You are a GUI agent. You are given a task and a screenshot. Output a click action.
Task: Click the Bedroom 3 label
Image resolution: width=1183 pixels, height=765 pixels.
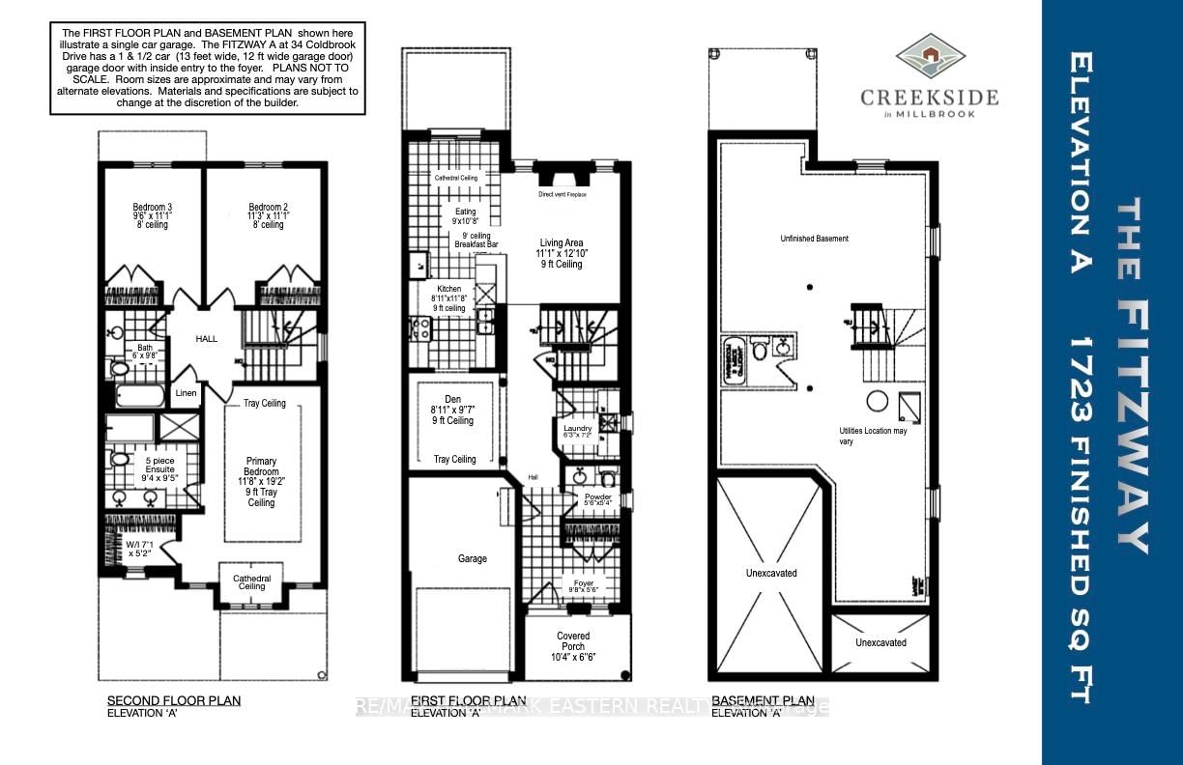pyautogui.click(x=152, y=207)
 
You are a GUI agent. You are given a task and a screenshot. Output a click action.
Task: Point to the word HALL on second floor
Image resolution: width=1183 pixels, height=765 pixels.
pyautogui.click(x=207, y=339)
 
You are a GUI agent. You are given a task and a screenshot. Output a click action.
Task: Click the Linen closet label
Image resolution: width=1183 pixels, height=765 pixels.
pyautogui.click(x=187, y=393)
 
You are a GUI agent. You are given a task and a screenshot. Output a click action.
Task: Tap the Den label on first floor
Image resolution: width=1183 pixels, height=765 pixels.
pyautogui.click(x=453, y=399)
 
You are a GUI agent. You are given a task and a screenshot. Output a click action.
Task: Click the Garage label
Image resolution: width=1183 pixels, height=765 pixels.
pyautogui.click(x=473, y=558)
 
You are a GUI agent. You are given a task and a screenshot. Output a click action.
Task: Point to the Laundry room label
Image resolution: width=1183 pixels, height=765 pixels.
pyautogui.click(x=578, y=428)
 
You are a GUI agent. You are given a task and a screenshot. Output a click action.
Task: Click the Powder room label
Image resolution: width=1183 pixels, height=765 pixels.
pyautogui.click(x=597, y=497)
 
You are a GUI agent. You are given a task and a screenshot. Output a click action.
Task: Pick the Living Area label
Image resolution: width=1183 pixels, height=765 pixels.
pyautogui.click(x=562, y=243)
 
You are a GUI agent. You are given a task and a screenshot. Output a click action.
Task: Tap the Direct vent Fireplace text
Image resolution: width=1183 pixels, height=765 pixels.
pyautogui.click(x=562, y=194)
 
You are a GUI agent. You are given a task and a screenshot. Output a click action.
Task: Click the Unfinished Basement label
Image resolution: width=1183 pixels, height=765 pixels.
pyautogui.click(x=815, y=239)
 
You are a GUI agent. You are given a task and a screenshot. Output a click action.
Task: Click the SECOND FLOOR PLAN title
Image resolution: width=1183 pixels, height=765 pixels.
pyautogui.click(x=173, y=700)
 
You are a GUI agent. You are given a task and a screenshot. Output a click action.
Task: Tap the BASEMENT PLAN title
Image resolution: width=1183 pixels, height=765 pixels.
pyautogui.click(x=763, y=700)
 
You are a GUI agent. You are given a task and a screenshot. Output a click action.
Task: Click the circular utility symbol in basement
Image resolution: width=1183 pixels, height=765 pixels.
pyautogui.click(x=877, y=401)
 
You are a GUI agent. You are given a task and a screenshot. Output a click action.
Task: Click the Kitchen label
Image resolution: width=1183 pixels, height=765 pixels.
pyautogui.click(x=448, y=289)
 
